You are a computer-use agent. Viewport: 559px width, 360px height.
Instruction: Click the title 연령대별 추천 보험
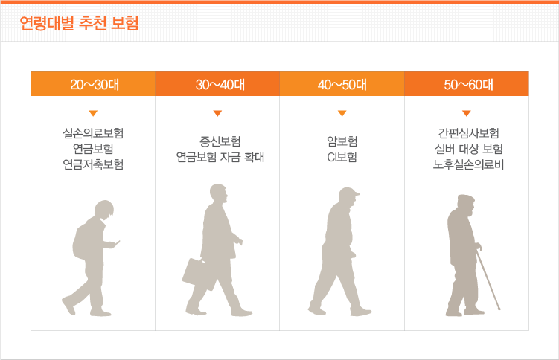[x=79, y=24]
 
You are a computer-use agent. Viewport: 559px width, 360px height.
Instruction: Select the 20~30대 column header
[x=95, y=85]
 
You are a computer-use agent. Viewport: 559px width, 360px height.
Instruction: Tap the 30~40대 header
[x=220, y=85]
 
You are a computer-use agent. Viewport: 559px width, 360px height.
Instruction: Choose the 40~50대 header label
[x=342, y=85]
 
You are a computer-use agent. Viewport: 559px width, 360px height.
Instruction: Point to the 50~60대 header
[x=468, y=85]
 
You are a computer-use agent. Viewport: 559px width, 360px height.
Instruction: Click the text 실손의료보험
[x=93, y=133]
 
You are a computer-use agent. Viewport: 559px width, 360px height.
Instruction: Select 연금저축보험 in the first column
[x=93, y=164]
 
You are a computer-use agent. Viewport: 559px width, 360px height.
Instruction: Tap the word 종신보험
[x=220, y=141]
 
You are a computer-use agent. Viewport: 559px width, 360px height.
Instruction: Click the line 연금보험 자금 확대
[x=220, y=157]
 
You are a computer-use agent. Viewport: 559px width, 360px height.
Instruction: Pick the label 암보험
[x=342, y=141]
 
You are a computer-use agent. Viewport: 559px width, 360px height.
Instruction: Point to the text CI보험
[x=342, y=157]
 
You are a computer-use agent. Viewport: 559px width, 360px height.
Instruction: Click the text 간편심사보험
[x=468, y=133]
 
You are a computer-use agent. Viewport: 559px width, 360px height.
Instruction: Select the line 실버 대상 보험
[x=468, y=149]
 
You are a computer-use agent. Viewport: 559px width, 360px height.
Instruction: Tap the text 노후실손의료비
[x=468, y=164]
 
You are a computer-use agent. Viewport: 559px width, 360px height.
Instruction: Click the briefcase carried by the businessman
[x=197, y=274]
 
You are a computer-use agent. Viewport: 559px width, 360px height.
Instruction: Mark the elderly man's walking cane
[x=488, y=279]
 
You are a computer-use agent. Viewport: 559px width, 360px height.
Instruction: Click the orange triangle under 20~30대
[x=93, y=113]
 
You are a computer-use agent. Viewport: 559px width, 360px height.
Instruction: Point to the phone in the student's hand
[x=118, y=242]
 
